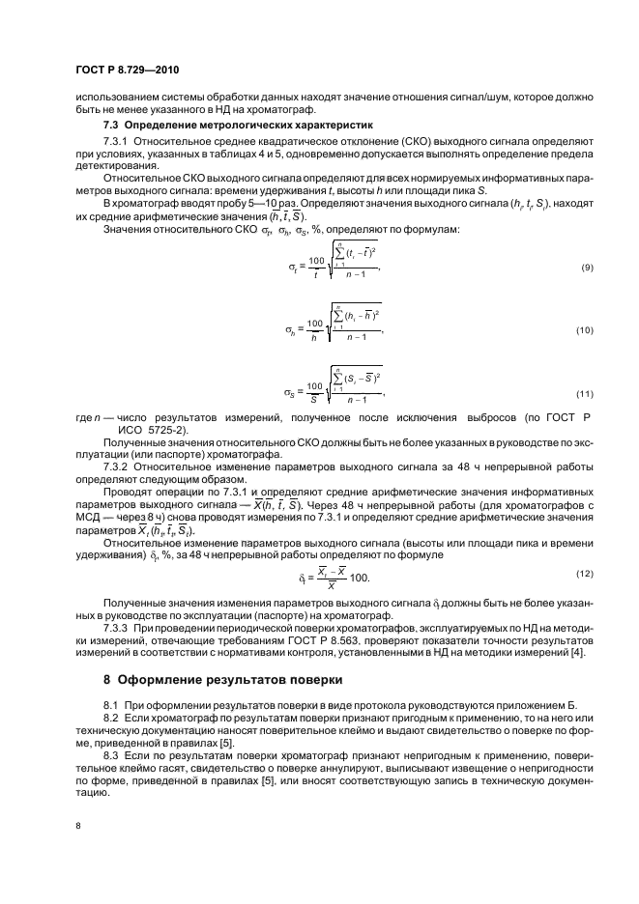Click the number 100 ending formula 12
click(x=359, y=578)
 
